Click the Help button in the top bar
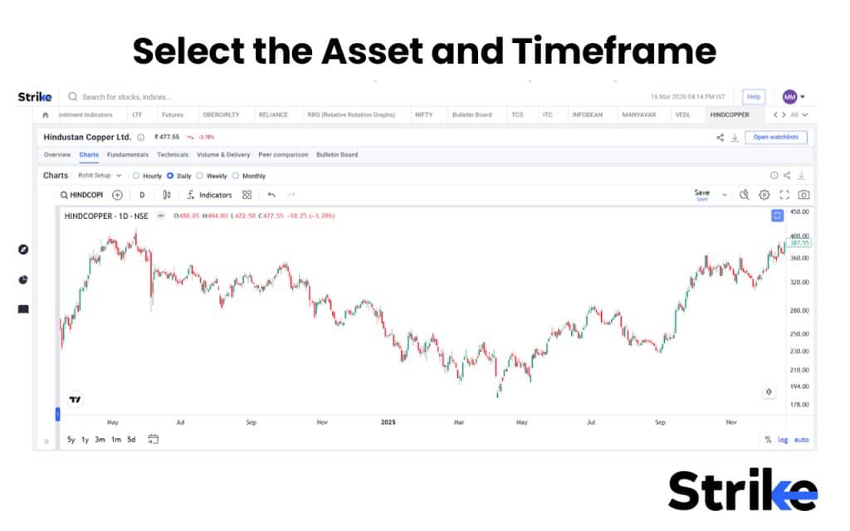(x=753, y=97)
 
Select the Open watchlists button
(x=776, y=137)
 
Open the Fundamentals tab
(x=128, y=154)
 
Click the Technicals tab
(x=173, y=154)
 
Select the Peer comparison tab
(x=283, y=154)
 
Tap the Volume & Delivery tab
(x=223, y=154)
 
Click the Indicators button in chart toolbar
(x=209, y=195)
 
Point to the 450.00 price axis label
(x=799, y=212)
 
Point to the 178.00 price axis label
(x=799, y=405)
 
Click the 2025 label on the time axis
(x=388, y=422)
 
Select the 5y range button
(x=71, y=440)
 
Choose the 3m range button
(x=100, y=440)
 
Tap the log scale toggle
(x=783, y=440)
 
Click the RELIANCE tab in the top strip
(x=273, y=114)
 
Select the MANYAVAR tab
(x=637, y=114)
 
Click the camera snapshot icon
(x=804, y=195)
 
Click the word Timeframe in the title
(x=613, y=51)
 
